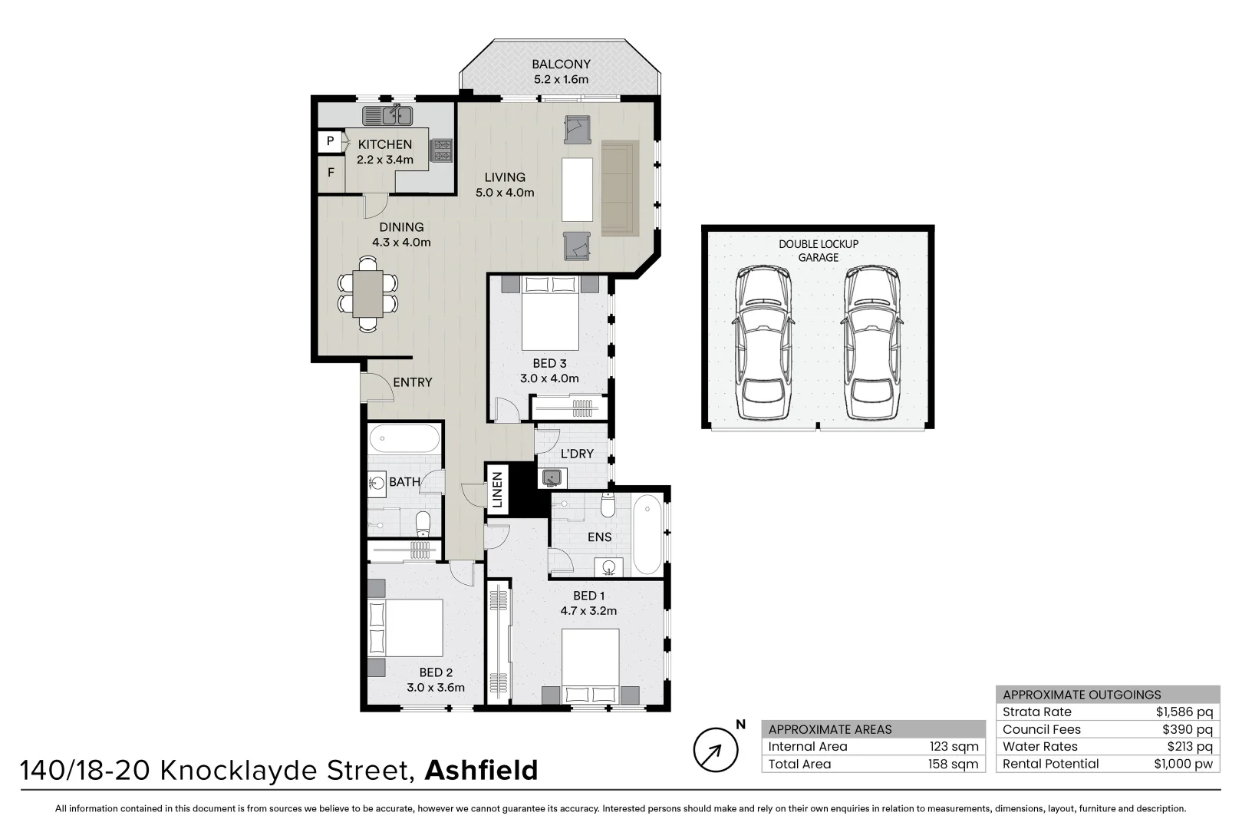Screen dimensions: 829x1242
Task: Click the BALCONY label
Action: click(561, 64)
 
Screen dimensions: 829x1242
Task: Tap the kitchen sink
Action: click(388, 116)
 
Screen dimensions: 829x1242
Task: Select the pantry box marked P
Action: click(330, 141)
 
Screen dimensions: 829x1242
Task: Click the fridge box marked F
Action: click(331, 173)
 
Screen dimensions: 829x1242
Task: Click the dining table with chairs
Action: click(368, 293)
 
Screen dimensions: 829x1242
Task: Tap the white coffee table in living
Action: click(577, 189)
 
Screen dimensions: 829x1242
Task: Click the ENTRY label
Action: click(413, 382)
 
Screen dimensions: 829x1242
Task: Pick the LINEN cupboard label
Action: click(497, 490)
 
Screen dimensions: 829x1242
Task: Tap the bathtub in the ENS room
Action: click(647, 534)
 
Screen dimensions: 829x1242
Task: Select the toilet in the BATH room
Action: click(423, 524)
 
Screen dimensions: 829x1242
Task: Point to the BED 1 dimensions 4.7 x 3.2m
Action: click(588, 611)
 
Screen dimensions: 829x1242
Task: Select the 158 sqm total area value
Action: click(953, 764)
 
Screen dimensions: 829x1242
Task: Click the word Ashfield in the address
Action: click(481, 770)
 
